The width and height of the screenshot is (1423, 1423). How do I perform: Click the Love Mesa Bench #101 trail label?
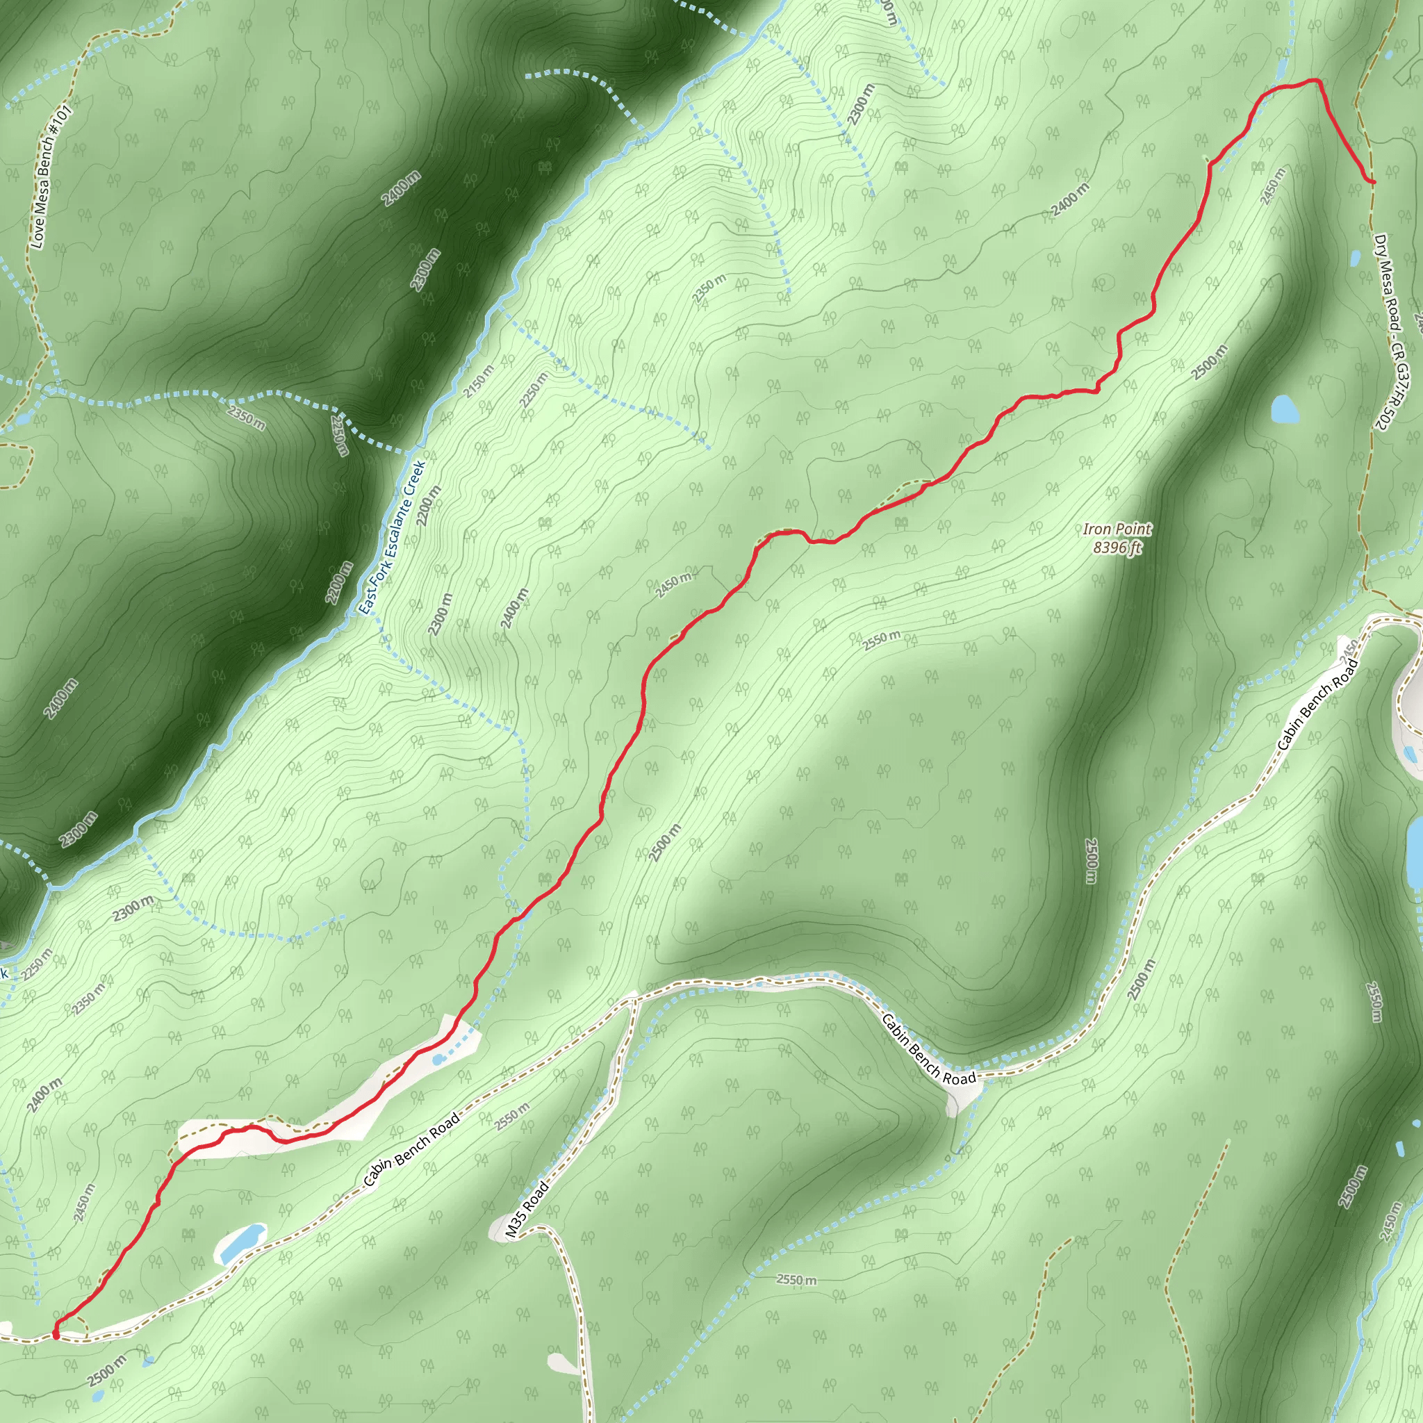pyautogui.click(x=50, y=177)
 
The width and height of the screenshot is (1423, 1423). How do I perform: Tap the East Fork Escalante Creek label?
pyautogui.click(x=392, y=538)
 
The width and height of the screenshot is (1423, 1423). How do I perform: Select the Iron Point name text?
pyautogui.click(x=1117, y=529)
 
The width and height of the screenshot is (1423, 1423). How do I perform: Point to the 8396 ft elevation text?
pyautogui.click(x=1117, y=548)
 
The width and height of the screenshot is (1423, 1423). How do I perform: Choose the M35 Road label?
pyautogui.click(x=527, y=1210)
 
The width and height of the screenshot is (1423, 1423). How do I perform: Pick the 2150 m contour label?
pyautogui.click(x=479, y=382)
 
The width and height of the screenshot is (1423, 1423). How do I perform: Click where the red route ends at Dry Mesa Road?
pyautogui.click(x=1372, y=181)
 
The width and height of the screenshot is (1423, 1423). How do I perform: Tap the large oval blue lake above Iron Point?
pyautogui.click(x=1285, y=409)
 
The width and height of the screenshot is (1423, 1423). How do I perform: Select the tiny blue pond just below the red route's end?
pyautogui.click(x=1355, y=258)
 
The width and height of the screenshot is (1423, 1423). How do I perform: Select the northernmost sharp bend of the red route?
pyautogui.click(x=1316, y=81)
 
